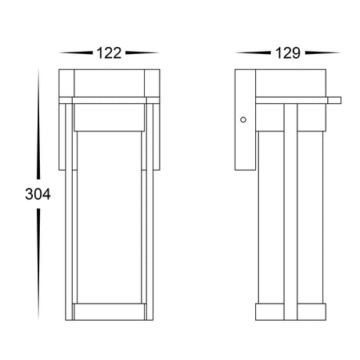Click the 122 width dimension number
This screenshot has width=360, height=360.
[109, 53]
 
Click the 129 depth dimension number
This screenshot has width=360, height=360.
[288, 53]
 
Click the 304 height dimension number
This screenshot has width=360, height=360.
[38, 194]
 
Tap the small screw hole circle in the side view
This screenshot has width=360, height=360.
[243, 120]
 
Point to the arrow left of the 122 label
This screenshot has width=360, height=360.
[76, 52]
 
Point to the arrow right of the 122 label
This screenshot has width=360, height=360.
[142, 52]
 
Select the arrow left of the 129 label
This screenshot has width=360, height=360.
[253, 52]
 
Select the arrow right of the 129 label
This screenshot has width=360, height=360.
[322, 52]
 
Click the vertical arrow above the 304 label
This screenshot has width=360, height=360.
[38, 124]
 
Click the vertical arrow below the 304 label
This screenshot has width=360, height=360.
[38, 264]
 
